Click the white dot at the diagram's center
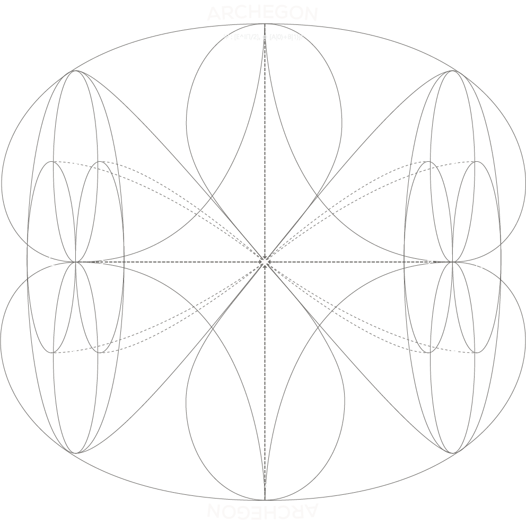tap(265, 261)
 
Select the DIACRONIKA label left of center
tap(200, 258)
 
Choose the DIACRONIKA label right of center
tap(330, 258)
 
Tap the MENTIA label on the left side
tap(52, 262)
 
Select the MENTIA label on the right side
tap(431, 263)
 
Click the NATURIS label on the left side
tap(101, 263)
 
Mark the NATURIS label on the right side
tap(479, 264)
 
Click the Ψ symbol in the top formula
tap(225, 37)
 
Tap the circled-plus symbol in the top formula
tap(265, 37)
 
